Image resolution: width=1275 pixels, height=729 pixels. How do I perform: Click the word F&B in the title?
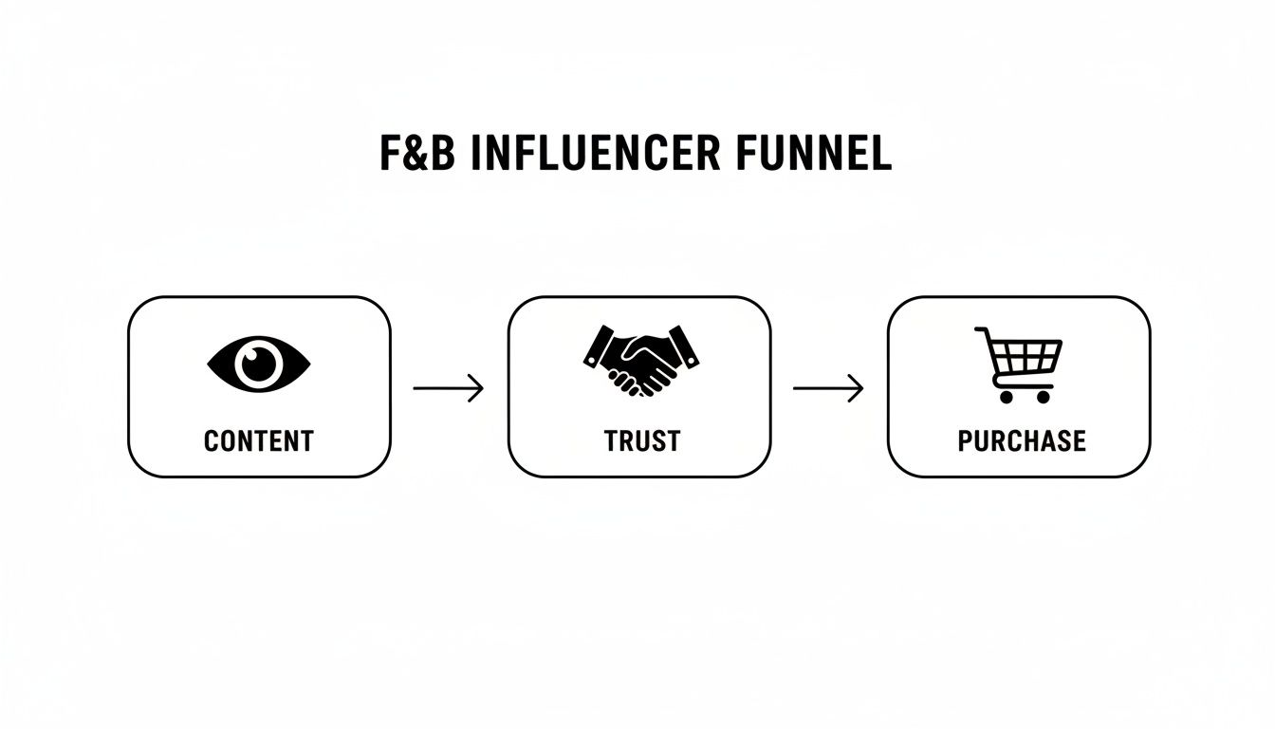[418, 155]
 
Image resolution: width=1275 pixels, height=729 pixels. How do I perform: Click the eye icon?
[259, 363]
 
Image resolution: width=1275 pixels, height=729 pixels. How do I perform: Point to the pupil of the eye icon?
[259, 363]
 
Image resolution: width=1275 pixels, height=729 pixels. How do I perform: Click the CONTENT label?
[259, 440]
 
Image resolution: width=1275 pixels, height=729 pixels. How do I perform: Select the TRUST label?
[641, 440]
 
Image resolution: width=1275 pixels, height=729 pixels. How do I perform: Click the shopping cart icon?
[1020, 364]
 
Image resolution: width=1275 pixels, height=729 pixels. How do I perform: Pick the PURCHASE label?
[1021, 440]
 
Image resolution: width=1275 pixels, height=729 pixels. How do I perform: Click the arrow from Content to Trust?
[449, 388]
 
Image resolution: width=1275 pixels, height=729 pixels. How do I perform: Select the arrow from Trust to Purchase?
[828, 388]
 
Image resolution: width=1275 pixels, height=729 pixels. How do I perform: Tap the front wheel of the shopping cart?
[1044, 396]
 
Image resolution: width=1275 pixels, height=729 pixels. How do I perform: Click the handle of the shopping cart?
[982, 331]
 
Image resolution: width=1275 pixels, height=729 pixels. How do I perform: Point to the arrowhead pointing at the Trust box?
[477, 388]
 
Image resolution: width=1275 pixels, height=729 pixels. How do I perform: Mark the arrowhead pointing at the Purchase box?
[857, 388]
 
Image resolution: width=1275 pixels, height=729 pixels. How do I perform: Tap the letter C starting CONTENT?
[212, 440]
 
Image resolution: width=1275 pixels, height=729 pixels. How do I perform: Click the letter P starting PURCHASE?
[965, 440]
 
